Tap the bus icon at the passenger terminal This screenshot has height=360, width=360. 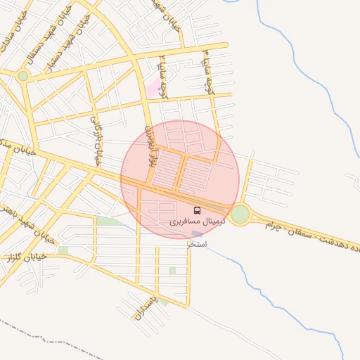coord(196,210)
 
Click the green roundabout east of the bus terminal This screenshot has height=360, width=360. coord(240,213)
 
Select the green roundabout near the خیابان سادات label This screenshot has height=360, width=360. coord(23,75)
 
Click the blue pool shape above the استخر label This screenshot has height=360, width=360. coord(197,233)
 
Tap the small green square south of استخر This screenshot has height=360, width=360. coord(172,270)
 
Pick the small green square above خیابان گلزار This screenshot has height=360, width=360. coord(63,250)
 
